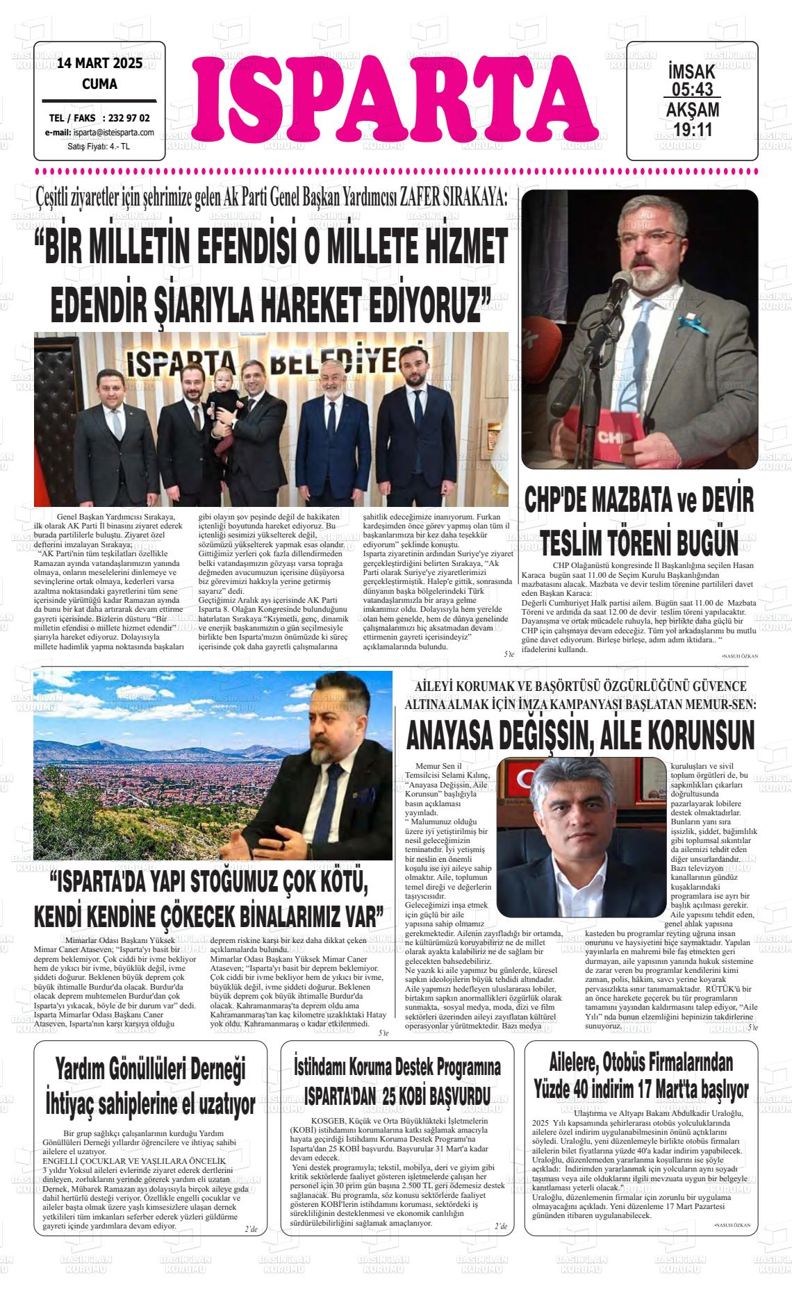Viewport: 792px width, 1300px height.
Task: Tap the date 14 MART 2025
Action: (99, 64)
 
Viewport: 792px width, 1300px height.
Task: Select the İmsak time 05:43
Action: (692, 89)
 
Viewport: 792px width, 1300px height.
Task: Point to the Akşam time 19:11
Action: (693, 129)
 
